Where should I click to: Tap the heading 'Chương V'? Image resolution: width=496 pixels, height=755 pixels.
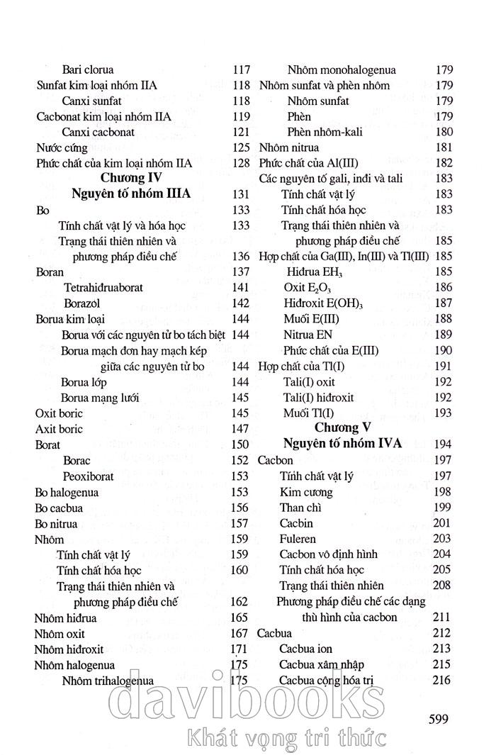[348, 428]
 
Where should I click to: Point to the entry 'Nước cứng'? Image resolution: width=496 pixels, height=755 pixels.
[62, 148]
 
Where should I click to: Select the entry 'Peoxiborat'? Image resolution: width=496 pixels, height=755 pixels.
[91, 476]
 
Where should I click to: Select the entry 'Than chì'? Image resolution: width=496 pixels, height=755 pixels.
[301, 508]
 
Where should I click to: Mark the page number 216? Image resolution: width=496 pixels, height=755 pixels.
[441, 680]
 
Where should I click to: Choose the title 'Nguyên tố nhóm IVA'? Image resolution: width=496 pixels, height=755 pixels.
[342, 444]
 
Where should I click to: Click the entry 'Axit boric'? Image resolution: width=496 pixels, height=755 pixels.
[59, 429]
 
